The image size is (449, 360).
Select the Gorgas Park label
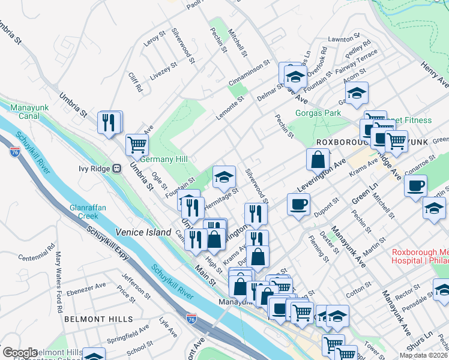(x=318, y=113)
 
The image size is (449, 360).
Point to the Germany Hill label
(x=164, y=159)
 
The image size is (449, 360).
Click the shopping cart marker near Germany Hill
(x=137, y=144)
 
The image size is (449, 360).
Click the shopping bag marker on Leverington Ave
(x=318, y=159)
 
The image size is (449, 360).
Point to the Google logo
(x=20, y=353)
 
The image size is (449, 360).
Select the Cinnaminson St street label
(x=250, y=73)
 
